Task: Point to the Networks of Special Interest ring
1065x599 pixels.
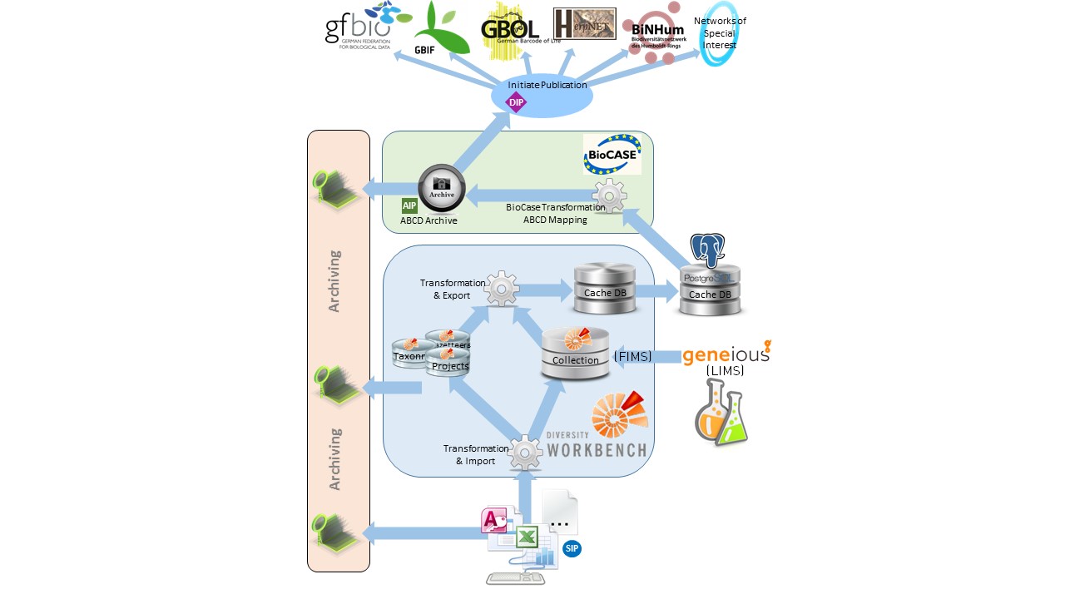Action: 719,33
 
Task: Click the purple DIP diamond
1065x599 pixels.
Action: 518,102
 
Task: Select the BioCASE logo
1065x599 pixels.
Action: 612,154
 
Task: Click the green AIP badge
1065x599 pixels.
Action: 409,206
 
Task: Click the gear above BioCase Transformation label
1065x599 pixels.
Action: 609,196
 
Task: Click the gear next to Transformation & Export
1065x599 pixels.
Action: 502,289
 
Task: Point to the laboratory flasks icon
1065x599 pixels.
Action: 721,412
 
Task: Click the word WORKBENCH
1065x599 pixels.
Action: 596,450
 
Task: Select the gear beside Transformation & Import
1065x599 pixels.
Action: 525,453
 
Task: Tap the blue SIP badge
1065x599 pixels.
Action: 571,548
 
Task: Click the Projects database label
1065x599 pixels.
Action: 450,366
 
